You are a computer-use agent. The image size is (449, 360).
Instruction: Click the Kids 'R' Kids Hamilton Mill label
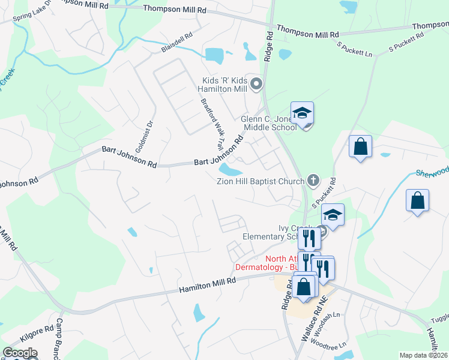[224, 84]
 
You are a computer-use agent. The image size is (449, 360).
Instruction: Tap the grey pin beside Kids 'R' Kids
[256, 84]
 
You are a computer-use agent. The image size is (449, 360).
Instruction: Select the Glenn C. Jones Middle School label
[268, 122]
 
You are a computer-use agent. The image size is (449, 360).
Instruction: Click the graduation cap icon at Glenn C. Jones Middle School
[303, 113]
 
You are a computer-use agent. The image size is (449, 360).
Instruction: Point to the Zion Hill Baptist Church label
[261, 180]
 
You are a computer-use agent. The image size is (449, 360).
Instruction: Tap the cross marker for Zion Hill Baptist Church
[312, 179]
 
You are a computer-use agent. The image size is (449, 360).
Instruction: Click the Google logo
[20, 353]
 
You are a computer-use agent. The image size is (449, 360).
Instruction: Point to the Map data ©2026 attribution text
[423, 355]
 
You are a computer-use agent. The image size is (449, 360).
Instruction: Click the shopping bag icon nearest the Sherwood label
[417, 201]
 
